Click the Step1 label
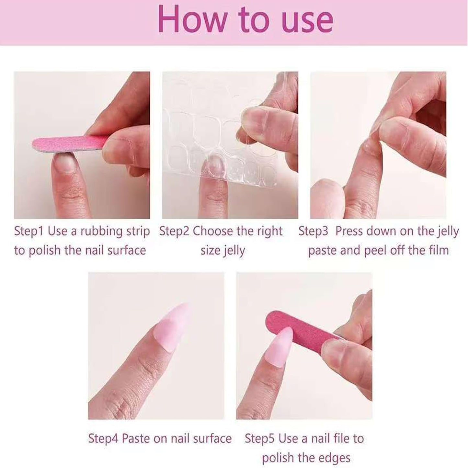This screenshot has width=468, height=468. click(29, 232)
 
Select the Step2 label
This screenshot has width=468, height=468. click(174, 232)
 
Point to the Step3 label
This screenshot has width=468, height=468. click(313, 232)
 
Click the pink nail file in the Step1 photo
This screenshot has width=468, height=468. click(69, 144)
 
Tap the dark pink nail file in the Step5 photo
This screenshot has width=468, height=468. click(303, 325)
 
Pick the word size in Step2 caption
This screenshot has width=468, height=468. click(210, 250)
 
